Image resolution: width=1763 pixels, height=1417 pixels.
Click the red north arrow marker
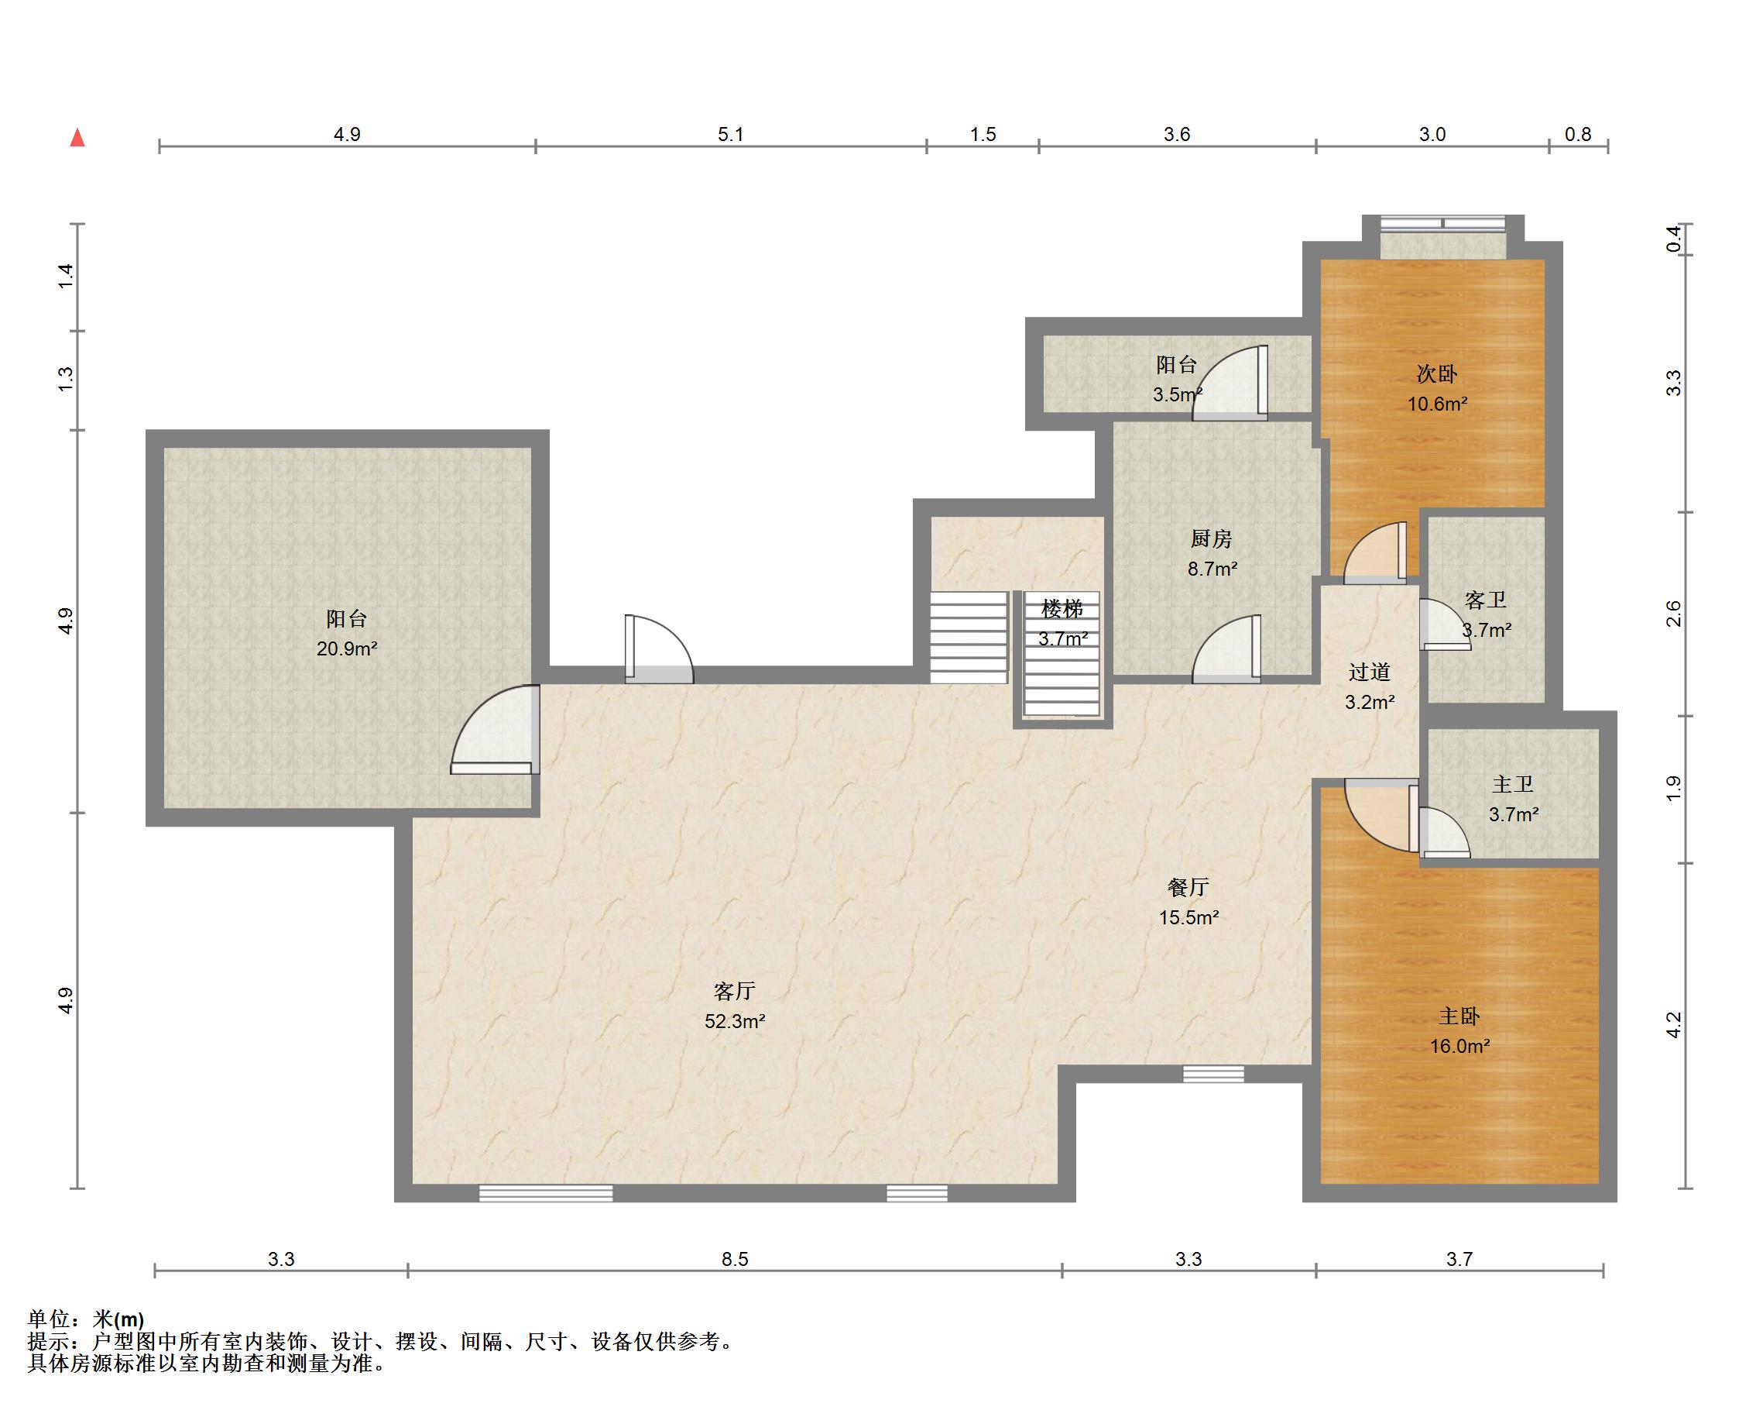tap(77, 137)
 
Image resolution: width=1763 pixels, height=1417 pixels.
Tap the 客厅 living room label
tap(734, 992)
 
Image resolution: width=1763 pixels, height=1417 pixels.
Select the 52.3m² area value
tap(735, 1021)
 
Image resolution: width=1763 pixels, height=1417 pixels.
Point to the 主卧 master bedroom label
tap(1459, 1016)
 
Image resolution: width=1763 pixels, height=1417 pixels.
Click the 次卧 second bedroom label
tap(1437, 374)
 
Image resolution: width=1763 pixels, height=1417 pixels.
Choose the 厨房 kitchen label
tap(1211, 538)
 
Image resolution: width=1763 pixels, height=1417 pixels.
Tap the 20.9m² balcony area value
tap(347, 648)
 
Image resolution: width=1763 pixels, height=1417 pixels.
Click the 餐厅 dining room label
tap(1188, 888)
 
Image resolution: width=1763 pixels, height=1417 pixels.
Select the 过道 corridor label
tap(1370, 672)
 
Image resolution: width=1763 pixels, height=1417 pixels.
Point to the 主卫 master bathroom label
tap(1513, 784)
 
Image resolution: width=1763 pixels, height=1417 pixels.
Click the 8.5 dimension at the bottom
tap(734, 1259)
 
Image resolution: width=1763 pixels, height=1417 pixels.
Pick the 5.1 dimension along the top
tap(730, 134)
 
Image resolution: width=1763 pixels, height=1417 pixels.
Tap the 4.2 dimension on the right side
tap(1673, 1025)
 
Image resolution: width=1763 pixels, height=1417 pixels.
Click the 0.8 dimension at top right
tap(1578, 134)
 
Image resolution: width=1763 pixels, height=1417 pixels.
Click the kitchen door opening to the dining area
tap(1226, 648)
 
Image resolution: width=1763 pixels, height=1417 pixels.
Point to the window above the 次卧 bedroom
tap(1442, 222)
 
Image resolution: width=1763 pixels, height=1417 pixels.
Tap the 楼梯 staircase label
tap(1062, 609)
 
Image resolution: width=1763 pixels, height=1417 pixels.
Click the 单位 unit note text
tap(86, 1319)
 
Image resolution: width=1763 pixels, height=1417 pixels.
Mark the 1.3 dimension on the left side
tap(65, 378)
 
